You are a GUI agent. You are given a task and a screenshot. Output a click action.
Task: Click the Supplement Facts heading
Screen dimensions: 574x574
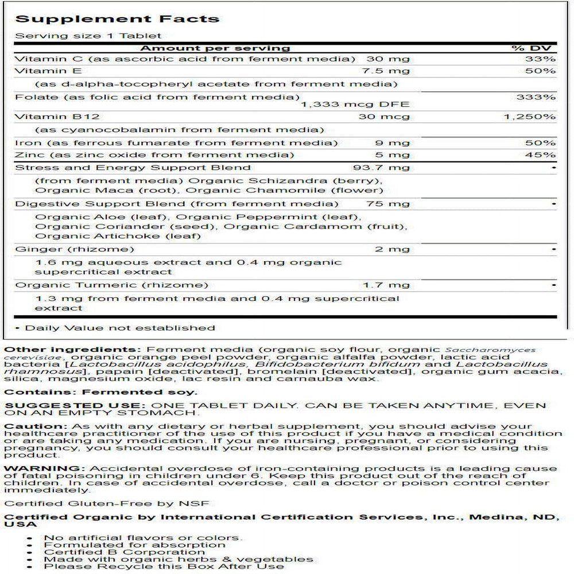118,18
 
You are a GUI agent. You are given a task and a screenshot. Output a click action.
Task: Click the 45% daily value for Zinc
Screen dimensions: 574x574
543,155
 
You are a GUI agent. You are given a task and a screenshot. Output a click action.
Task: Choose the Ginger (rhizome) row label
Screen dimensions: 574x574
75,249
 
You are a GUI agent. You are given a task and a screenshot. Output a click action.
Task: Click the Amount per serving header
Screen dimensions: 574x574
215,48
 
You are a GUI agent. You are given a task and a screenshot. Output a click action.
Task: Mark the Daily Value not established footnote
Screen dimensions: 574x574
115,328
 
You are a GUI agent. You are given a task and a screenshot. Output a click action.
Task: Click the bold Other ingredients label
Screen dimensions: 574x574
72,350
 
